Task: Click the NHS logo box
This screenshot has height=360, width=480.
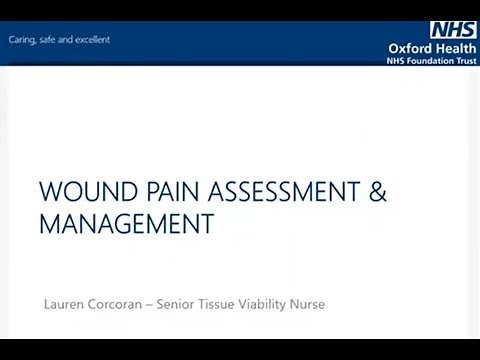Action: tap(453, 30)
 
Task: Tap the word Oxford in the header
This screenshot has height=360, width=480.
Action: tap(410, 48)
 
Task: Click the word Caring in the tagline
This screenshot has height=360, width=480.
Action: tap(22, 40)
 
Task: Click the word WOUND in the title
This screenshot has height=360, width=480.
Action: tap(85, 191)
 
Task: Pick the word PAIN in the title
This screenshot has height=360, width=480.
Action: tap(170, 191)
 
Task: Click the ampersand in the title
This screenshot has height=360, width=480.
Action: tap(378, 191)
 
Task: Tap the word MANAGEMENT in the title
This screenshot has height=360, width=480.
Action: tap(126, 224)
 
